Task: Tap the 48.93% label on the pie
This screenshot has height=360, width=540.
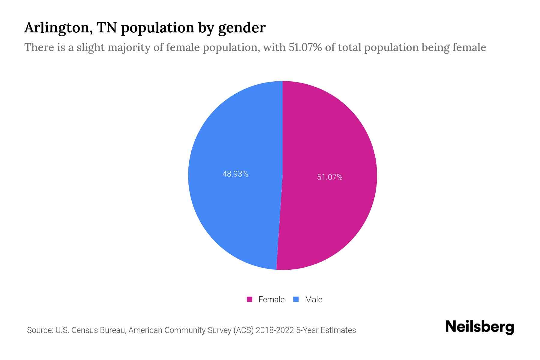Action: [235, 174]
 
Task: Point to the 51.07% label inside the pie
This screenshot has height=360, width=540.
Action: [330, 177]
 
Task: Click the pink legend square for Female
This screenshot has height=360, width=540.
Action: [249, 299]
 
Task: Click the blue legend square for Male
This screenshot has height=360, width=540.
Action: [296, 299]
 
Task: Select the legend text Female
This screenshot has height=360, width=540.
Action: [271, 299]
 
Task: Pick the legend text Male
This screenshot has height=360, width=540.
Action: [313, 299]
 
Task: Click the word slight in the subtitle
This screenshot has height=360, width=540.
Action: [90, 47]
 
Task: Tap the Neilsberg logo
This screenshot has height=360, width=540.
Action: [479, 327]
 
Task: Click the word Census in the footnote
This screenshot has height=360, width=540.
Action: [85, 330]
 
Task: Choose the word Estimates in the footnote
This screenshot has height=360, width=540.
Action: [338, 330]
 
